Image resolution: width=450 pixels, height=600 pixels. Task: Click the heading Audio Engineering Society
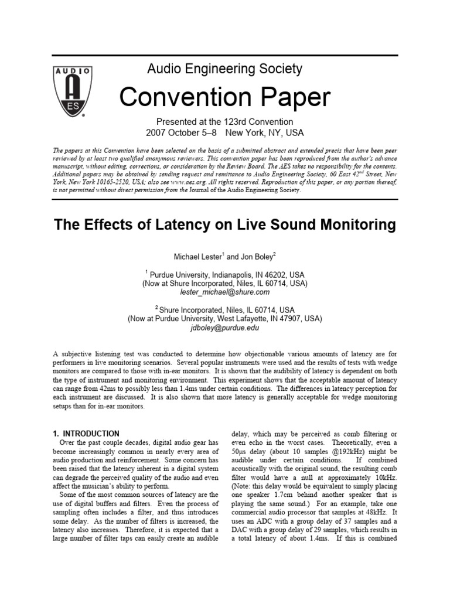[x=224, y=69]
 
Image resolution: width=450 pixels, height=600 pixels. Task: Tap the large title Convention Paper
[x=224, y=97]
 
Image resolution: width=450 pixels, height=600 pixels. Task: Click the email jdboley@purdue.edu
[x=224, y=328]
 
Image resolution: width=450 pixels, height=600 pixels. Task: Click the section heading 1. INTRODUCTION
[x=85, y=434]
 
